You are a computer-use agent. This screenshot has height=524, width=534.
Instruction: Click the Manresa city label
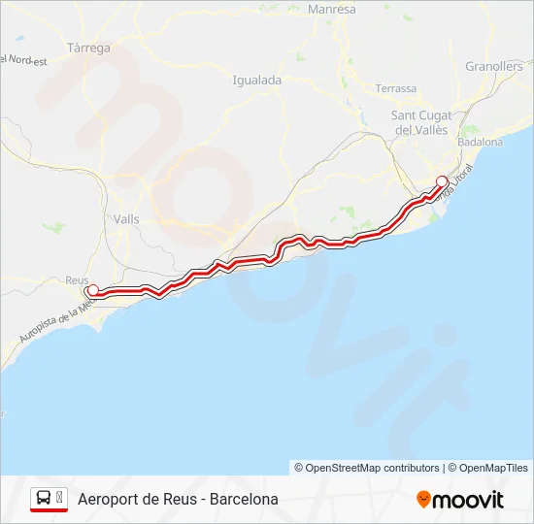[x=331, y=10]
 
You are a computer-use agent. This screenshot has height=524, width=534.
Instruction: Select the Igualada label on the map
[x=257, y=80]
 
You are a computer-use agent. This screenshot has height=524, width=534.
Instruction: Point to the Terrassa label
[x=395, y=88]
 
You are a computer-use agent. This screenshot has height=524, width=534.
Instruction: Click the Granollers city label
[x=493, y=66]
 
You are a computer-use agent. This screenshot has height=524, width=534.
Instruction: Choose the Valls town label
[x=126, y=219]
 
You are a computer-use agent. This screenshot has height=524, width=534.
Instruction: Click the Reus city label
[x=76, y=279]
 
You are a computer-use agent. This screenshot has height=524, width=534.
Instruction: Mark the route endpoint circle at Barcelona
[x=442, y=180]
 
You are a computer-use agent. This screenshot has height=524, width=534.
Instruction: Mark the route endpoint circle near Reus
[x=92, y=290]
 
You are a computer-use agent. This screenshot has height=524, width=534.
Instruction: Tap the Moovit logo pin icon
[x=423, y=500]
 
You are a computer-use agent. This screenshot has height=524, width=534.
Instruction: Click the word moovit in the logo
[x=469, y=500]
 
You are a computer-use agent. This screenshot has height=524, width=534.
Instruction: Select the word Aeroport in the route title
[x=108, y=500]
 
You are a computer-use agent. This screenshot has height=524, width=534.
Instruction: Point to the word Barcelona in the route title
[x=243, y=500]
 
